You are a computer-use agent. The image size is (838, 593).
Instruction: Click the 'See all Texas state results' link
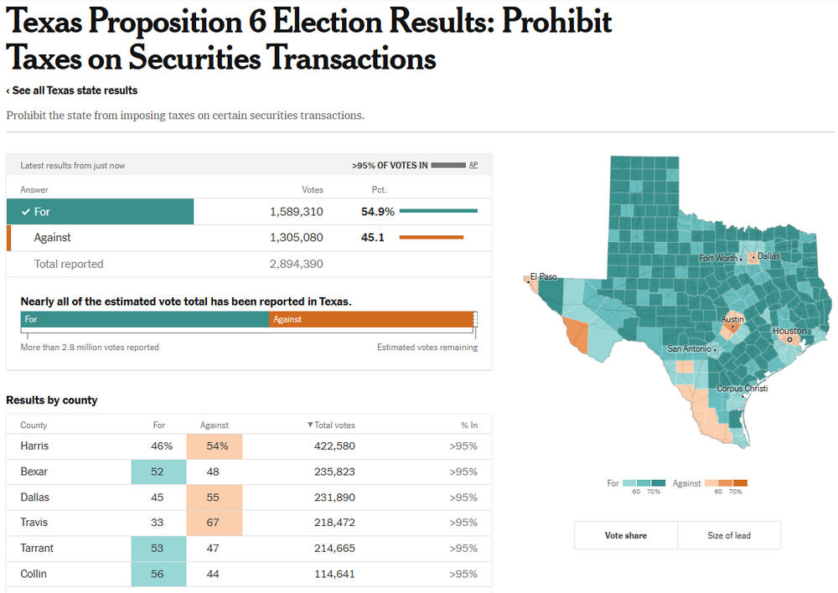point(72,90)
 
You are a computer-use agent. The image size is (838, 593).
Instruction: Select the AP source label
point(473,165)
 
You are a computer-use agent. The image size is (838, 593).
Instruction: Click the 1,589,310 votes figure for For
point(297,212)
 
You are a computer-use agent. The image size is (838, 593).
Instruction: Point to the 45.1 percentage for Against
point(373,238)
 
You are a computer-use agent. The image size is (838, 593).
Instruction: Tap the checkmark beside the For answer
point(26,212)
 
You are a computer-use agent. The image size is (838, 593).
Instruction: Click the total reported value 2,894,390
point(297,264)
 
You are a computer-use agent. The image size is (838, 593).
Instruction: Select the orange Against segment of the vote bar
point(372,319)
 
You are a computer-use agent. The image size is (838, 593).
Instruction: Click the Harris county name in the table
point(35,446)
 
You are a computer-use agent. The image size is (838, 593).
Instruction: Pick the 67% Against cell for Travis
point(215,523)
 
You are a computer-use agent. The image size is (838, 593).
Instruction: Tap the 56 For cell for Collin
point(158,574)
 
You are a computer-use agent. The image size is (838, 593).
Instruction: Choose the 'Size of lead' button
point(729,535)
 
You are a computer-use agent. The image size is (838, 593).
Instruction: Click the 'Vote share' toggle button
point(625,535)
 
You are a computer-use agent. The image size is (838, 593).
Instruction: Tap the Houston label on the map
point(789,331)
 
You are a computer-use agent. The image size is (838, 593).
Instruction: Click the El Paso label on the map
point(543,276)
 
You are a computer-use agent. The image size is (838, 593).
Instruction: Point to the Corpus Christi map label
point(742,389)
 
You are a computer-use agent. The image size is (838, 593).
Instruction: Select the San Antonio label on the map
point(689,348)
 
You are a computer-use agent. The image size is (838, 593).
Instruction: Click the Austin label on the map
point(732,319)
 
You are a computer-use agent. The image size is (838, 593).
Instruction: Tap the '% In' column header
point(469,425)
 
